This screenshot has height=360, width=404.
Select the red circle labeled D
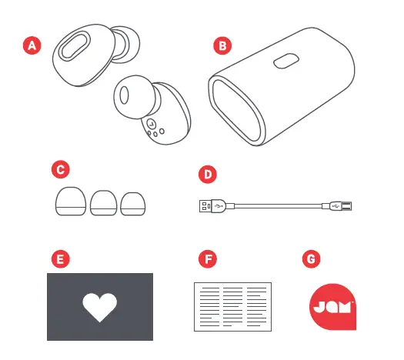point(206,174)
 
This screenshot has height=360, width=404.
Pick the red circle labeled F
point(206,258)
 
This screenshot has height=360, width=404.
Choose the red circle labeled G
point(311,258)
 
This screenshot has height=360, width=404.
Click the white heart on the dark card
point(100,306)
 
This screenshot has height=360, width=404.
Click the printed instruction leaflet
point(232,306)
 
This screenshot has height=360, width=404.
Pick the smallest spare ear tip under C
point(132,203)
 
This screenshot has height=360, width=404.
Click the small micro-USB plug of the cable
point(339,205)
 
